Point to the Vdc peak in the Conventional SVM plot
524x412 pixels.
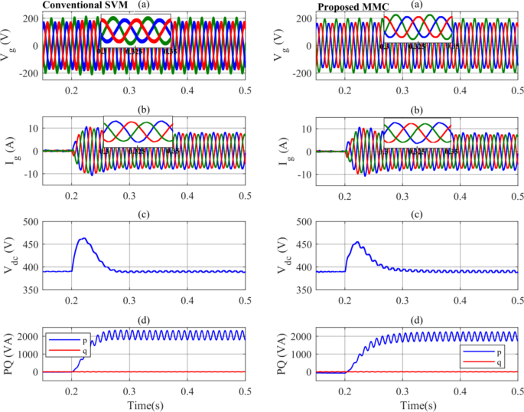point(83,239)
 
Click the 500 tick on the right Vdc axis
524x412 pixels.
point(306,222)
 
